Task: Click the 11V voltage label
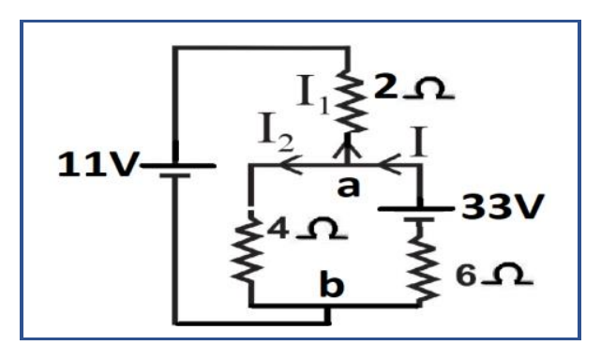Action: (x=98, y=164)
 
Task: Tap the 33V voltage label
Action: (x=503, y=206)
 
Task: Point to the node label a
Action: (x=349, y=187)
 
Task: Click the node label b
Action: (x=332, y=284)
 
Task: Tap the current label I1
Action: (x=313, y=95)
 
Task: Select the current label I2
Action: (x=276, y=132)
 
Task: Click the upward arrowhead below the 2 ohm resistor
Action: (x=347, y=149)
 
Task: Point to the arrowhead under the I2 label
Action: (x=292, y=165)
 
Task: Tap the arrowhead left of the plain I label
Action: (x=389, y=165)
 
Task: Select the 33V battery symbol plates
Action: (x=416, y=214)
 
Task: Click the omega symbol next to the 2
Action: (x=428, y=88)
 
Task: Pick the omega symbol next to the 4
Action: (x=322, y=229)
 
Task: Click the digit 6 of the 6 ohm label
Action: (x=466, y=275)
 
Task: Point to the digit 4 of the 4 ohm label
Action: (x=278, y=229)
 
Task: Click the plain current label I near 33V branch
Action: (x=418, y=142)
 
